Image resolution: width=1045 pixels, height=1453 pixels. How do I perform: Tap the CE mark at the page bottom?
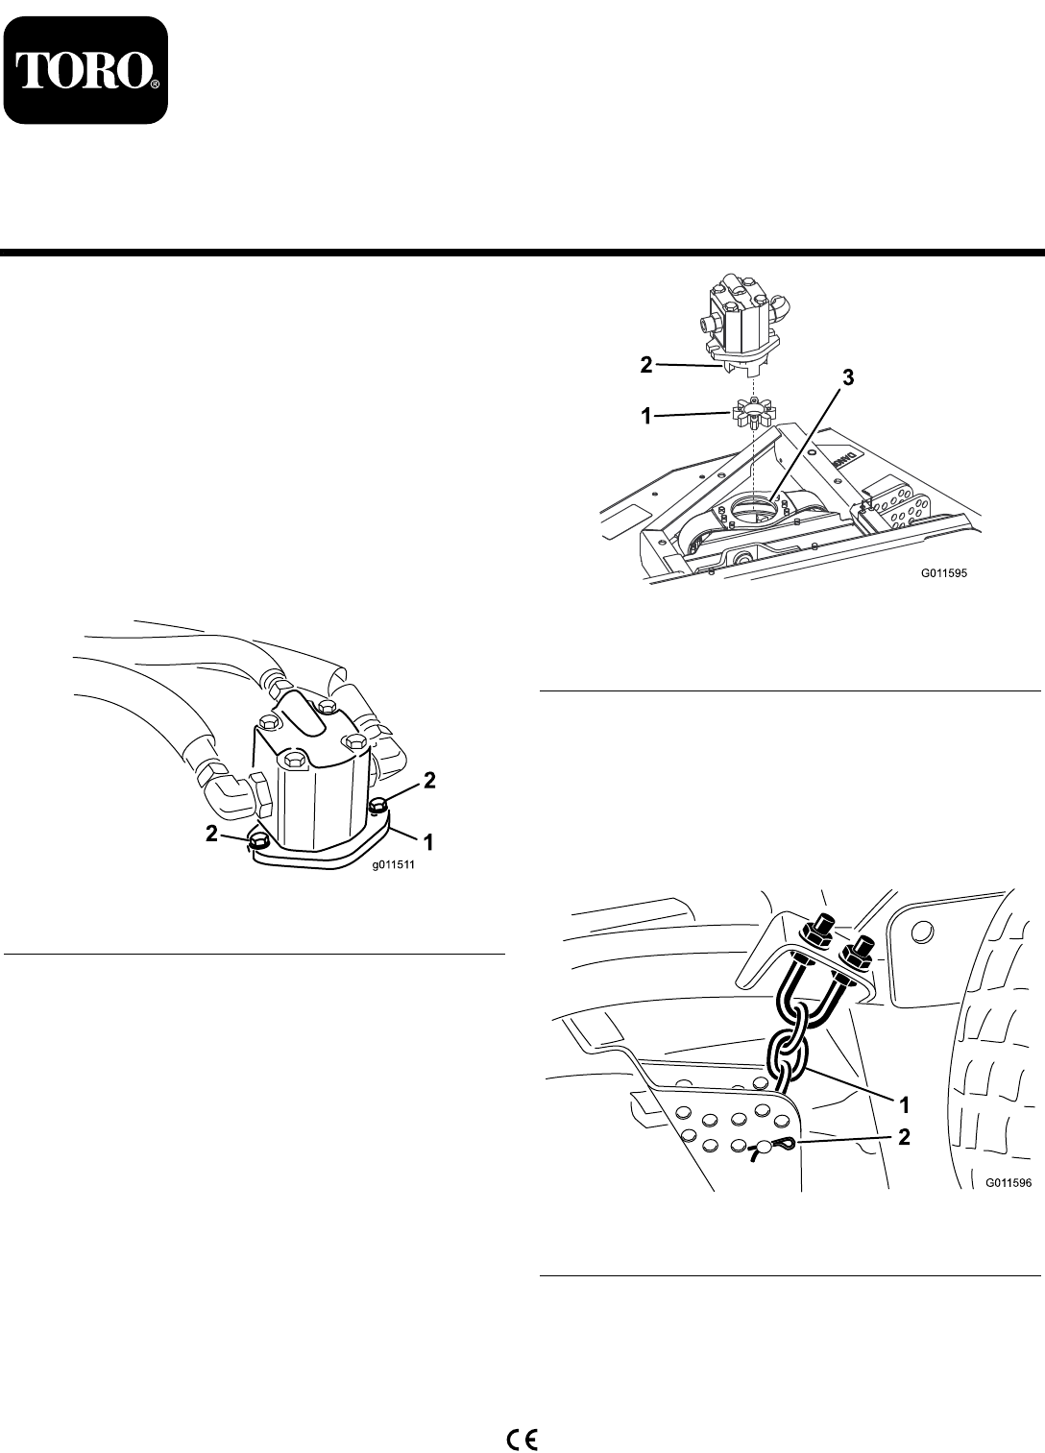[x=522, y=1434]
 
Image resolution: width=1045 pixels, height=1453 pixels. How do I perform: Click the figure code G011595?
[x=944, y=574]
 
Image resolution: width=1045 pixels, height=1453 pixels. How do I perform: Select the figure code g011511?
[x=393, y=864]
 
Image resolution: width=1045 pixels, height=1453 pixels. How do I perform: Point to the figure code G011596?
[x=1009, y=1182]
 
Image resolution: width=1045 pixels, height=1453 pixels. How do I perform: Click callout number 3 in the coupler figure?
[x=848, y=377]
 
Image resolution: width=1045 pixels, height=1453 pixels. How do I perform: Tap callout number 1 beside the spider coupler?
[x=646, y=416]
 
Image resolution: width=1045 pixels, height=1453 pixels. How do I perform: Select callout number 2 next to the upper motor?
[x=645, y=365]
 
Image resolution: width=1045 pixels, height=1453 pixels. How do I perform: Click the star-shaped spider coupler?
[x=753, y=415]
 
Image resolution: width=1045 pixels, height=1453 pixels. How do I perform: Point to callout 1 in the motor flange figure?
[x=428, y=842]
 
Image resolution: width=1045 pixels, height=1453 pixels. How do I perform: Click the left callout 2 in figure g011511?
[x=212, y=834]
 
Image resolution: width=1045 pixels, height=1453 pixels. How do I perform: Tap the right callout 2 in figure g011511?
[x=429, y=781]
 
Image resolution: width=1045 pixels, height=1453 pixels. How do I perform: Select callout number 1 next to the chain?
[x=905, y=1104]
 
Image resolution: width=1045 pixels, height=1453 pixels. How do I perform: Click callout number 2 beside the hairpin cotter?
[x=904, y=1136]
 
